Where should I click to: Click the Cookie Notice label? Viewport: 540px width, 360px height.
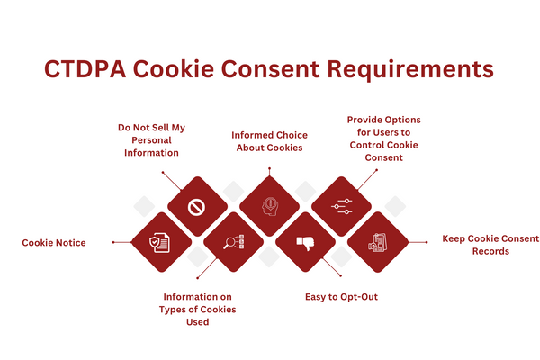coord(54,242)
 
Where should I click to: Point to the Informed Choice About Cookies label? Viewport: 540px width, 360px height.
coord(269,141)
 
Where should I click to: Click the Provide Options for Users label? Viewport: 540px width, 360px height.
coord(383,138)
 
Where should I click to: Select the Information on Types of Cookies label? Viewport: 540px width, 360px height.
coord(200,309)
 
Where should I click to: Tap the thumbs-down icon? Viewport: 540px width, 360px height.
coord(305,242)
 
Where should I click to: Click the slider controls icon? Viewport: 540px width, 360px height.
coord(341,207)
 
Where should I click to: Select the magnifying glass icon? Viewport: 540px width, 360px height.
coord(232,242)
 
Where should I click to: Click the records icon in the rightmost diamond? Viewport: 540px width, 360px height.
coord(378,242)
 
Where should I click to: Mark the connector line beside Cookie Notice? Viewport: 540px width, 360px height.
coord(121,242)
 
